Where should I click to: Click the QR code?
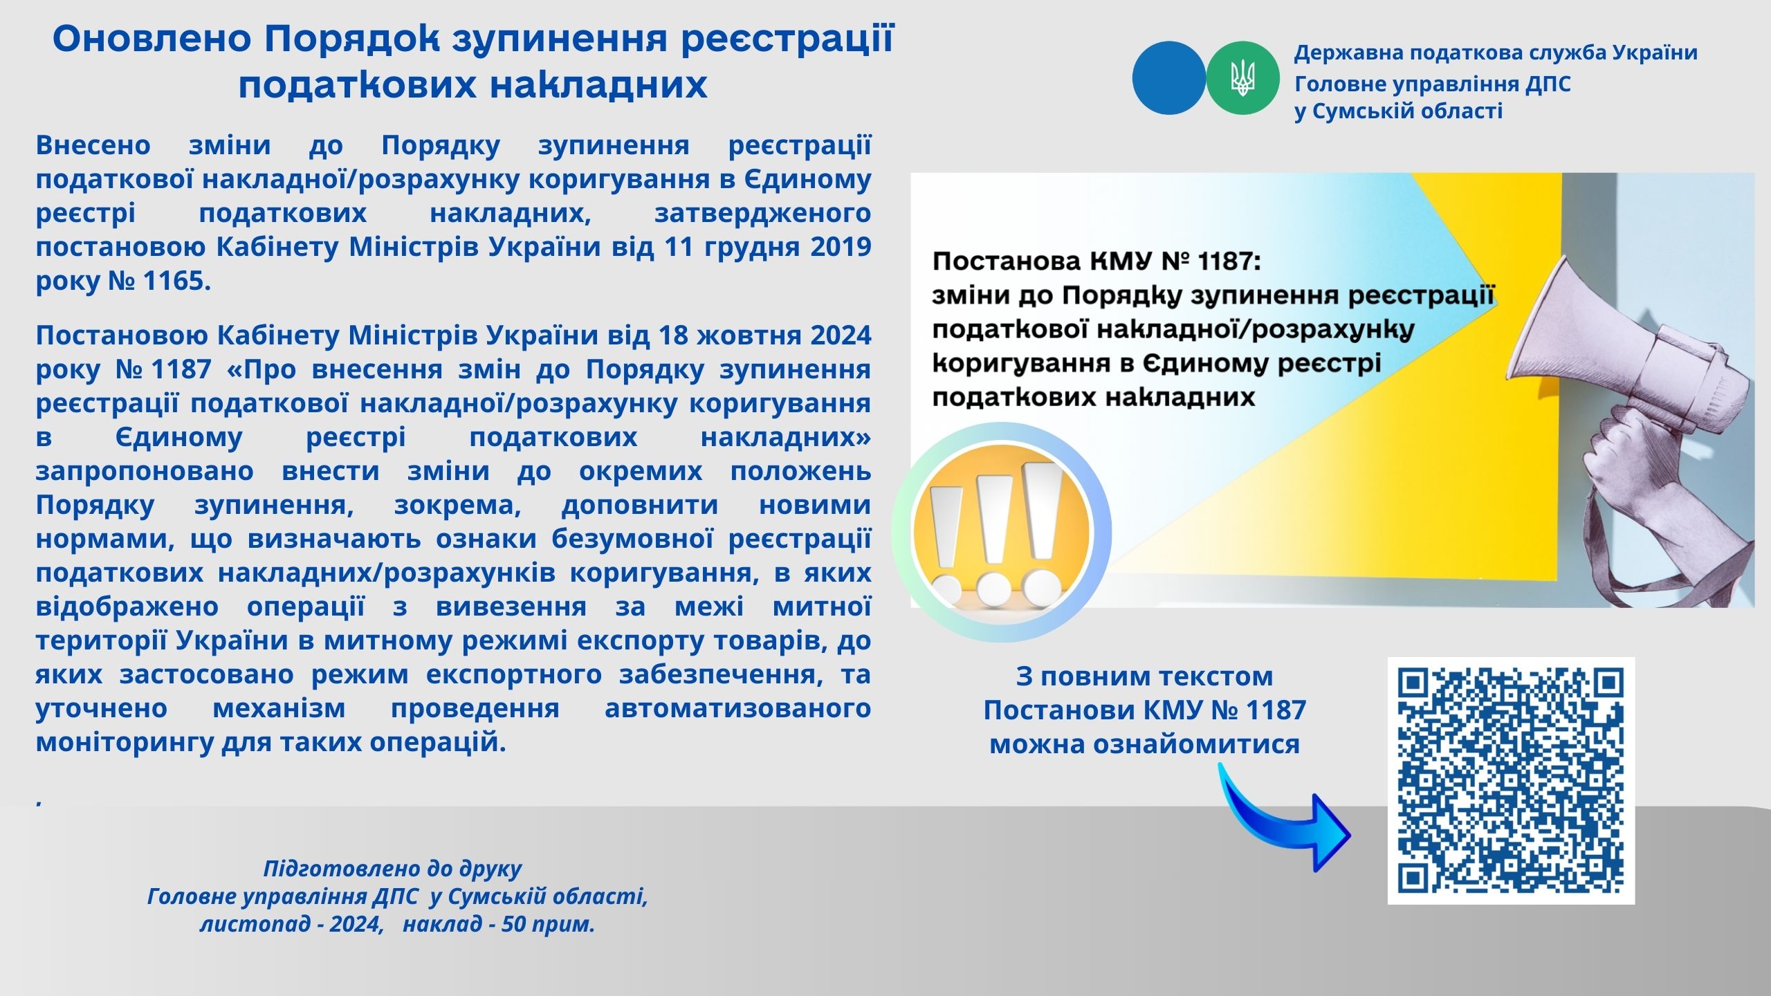(1511, 780)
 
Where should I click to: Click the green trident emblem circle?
(1242, 77)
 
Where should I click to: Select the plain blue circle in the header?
(1169, 77)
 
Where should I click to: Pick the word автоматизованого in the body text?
(737, 708)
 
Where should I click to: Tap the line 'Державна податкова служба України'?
(1496, 53)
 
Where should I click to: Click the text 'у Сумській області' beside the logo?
(1399, 111)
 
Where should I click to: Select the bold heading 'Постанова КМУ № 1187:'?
(1097, 261)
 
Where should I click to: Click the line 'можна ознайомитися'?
(1145, 744)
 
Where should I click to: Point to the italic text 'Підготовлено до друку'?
(393, 869)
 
